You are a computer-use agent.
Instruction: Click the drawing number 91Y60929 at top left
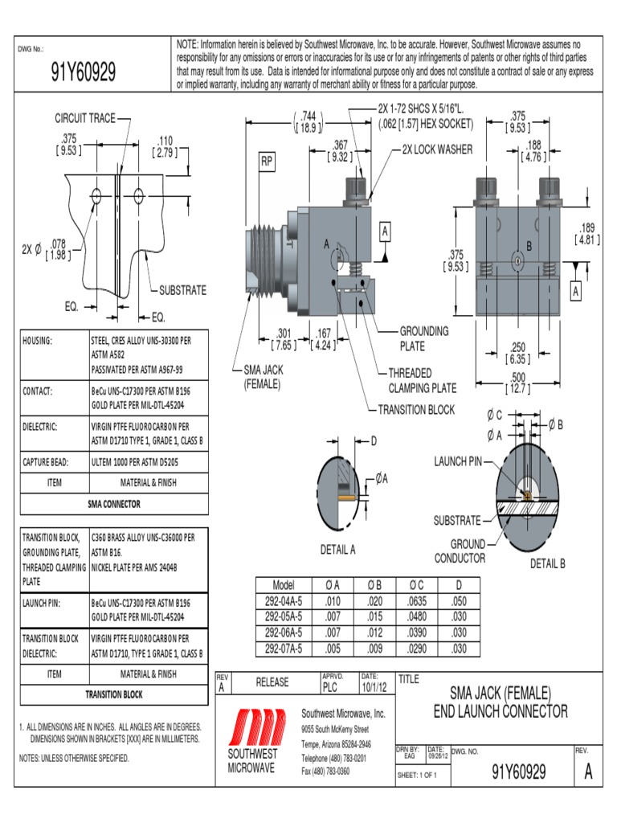click(x=83, y=74)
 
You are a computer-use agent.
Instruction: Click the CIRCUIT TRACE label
click(x=84, y=118)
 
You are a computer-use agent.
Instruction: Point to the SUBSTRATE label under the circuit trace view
click(x=182, y=290)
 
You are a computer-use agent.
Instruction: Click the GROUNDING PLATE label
click(x=424, y=338)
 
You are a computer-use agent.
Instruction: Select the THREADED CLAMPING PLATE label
click(x=422, y=380)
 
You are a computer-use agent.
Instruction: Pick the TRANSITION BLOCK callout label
click(x=416, y=410)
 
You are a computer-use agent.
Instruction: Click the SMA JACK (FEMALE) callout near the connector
click(x=262, y=377)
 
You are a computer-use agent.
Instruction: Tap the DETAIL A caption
click(x=337, y=550)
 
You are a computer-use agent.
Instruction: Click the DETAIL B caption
click(x=547, y=563)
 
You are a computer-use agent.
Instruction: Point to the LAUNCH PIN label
click(x=458, y=461)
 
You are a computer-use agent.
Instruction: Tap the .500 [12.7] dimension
click(x=517, y=383)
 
